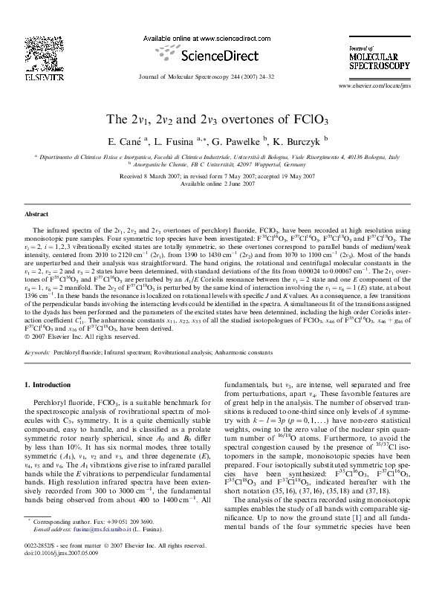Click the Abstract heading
tap(36, 213)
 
